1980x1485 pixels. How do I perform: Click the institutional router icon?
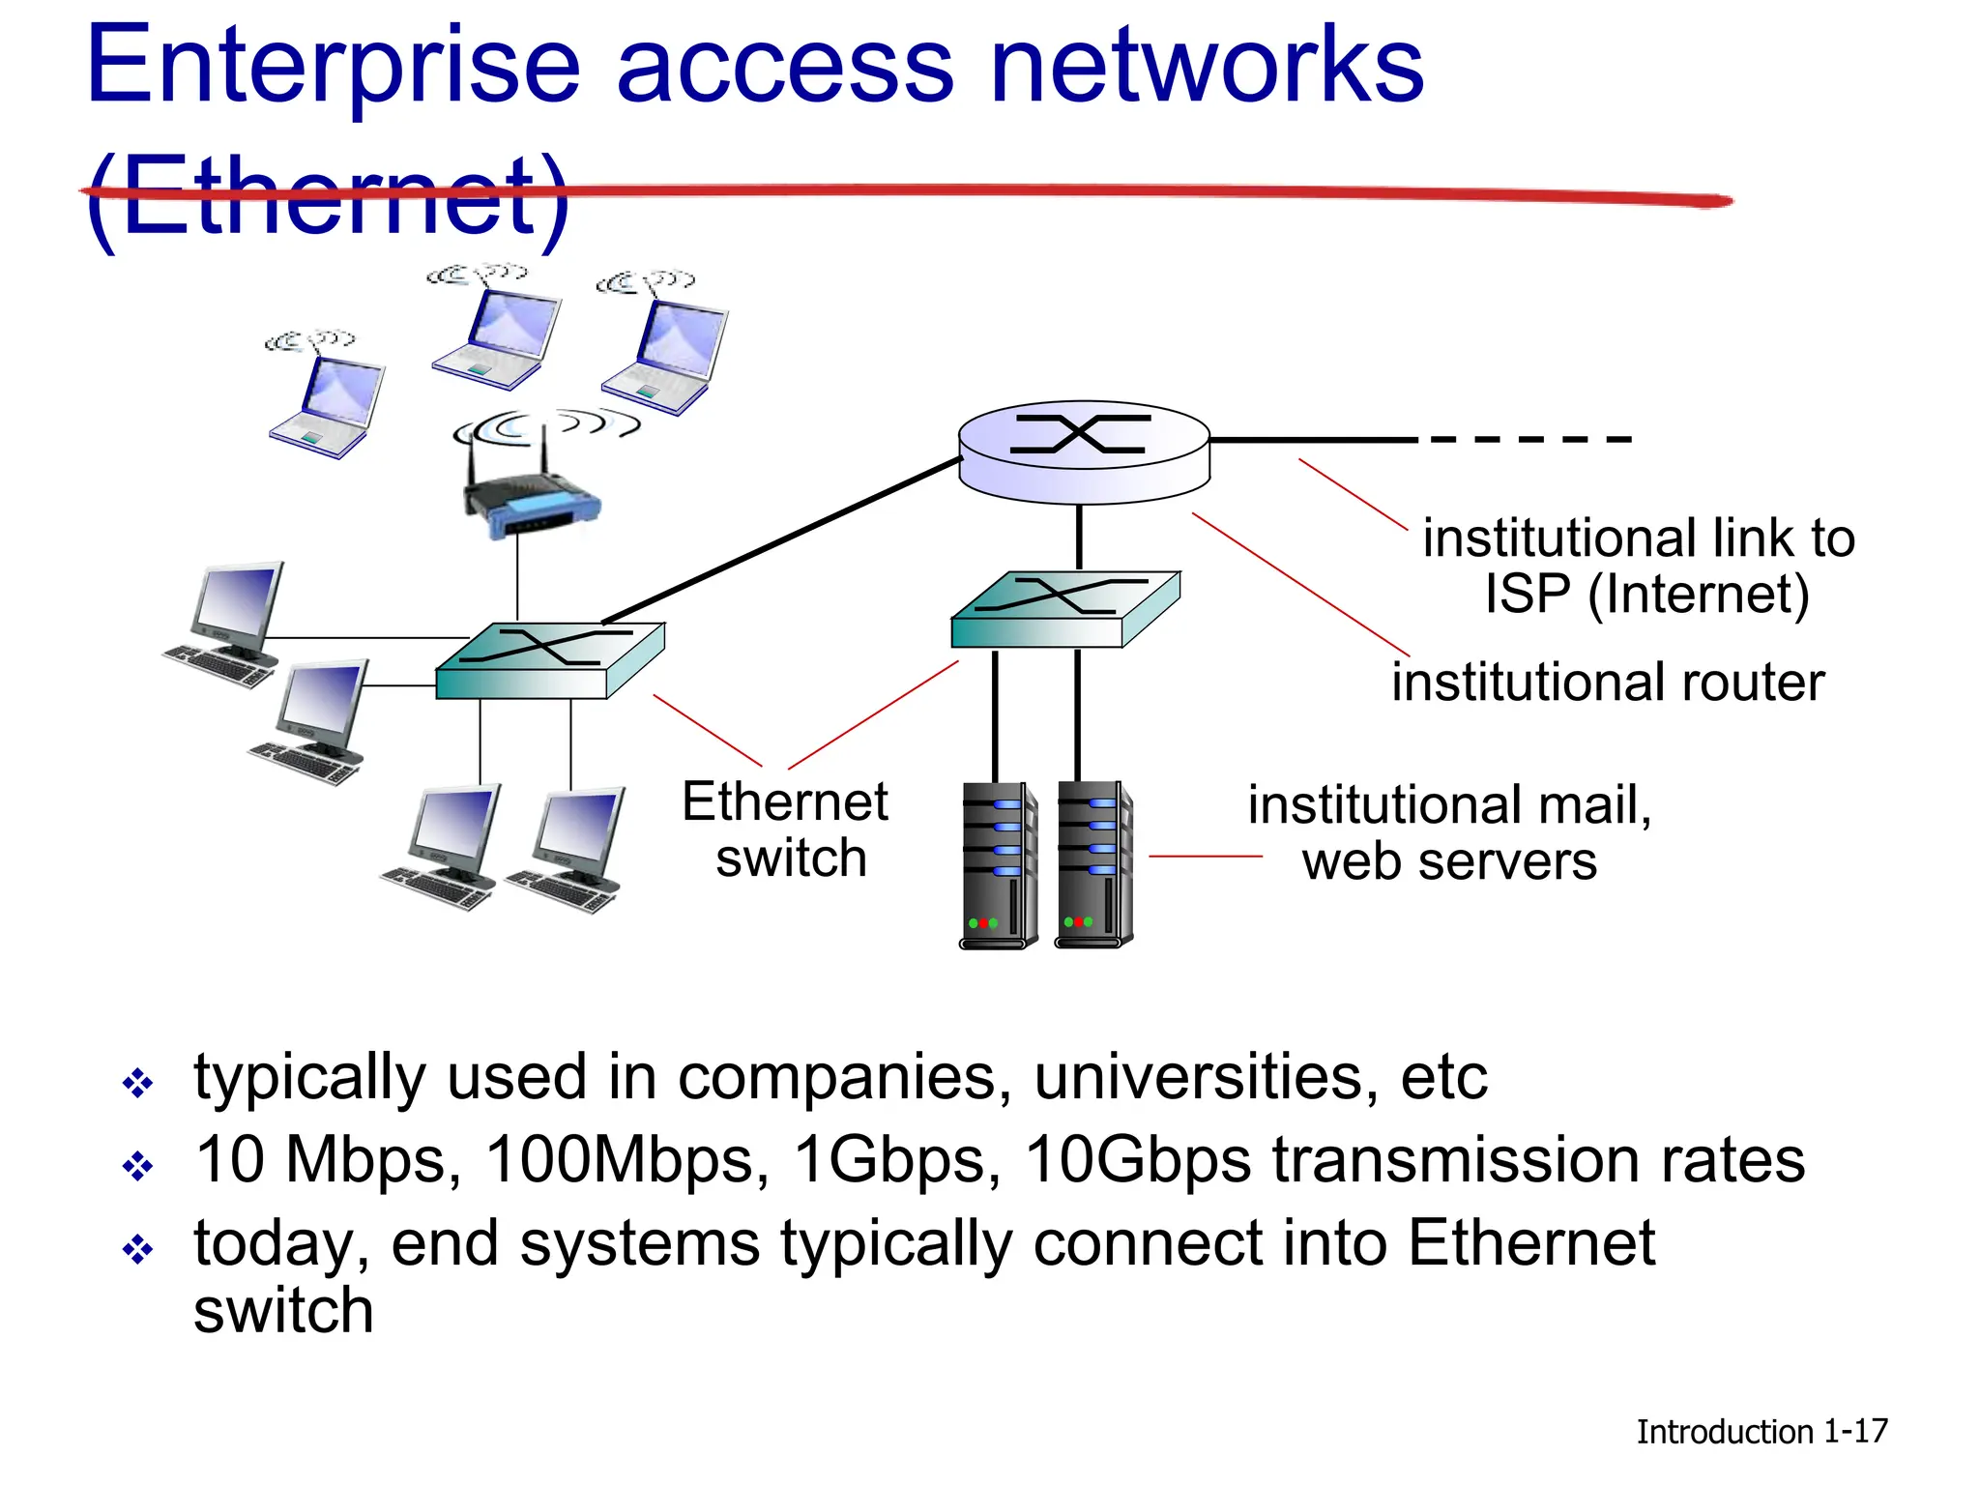(1083, 451)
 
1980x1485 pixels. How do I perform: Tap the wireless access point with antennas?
(531, 504)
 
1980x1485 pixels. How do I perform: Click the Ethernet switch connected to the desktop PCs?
(549, 660)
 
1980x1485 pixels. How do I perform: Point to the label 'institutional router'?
(1607, 683)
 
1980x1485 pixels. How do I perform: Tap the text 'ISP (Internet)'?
(1646, 594)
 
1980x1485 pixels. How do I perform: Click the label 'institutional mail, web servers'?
(1448, 832)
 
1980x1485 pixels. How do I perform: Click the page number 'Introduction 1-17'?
(1761, 1431)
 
